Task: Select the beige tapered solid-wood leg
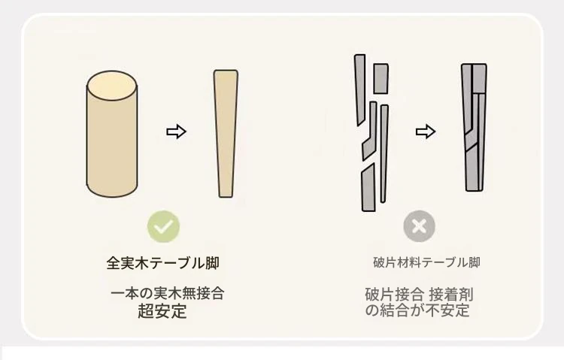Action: [226, 134]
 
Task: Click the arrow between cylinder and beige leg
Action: [176, 132]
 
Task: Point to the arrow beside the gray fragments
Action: [426, 132]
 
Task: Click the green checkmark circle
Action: [163, 226]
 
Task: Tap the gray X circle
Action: [420, 226]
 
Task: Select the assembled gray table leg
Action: [474, 127]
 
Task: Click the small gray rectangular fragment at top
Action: [381, 79]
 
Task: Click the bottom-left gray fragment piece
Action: [368, 187]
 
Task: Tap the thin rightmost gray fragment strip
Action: [384, 153]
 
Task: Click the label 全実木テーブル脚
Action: [163, 263]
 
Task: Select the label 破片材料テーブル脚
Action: [426, 262]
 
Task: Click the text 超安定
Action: [162, 311]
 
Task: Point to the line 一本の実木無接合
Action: [167, 293]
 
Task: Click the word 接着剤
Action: [451, 294]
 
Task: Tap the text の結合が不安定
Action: [417, 310]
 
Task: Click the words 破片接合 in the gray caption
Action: [394, 294]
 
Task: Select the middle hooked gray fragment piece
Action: [370, 131]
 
